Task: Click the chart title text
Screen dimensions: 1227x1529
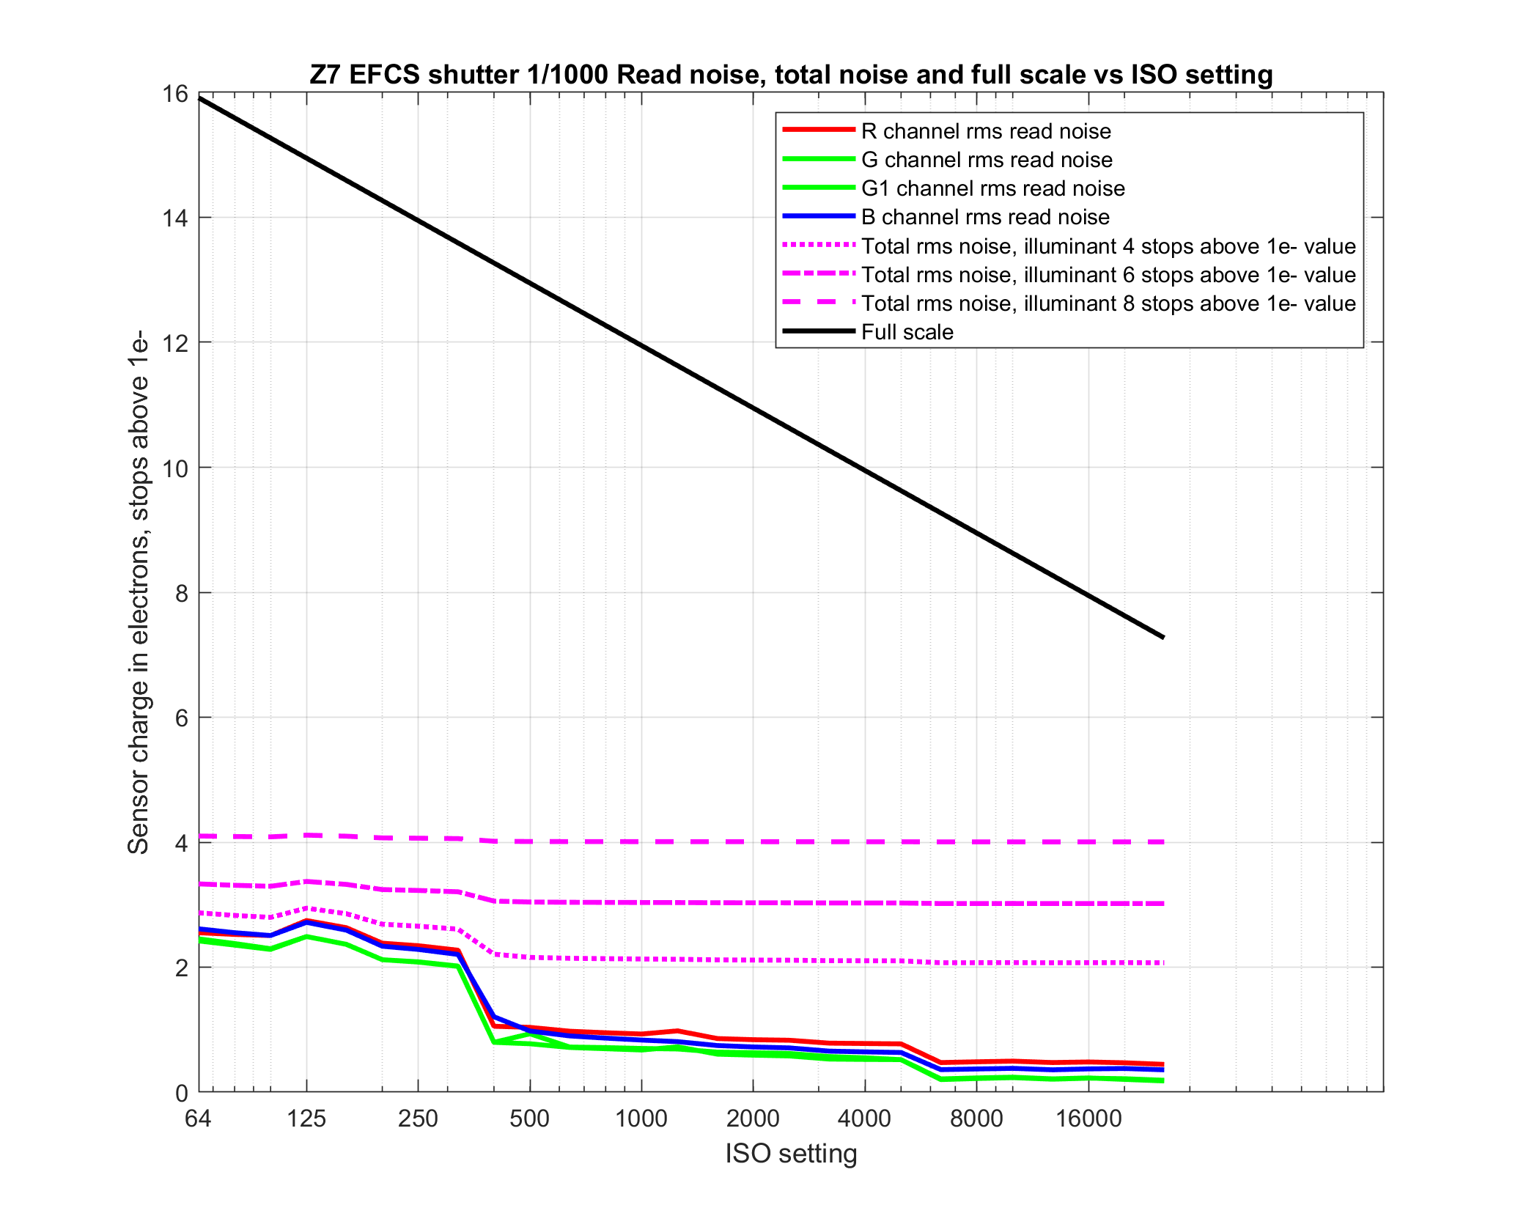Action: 791,75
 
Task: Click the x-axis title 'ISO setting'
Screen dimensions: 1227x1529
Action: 791,1153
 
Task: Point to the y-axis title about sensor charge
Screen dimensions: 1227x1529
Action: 139,592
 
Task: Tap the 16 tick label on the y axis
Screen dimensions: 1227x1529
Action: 175,94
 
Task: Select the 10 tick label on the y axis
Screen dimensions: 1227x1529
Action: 175,468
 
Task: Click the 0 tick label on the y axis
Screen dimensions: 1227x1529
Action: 182,1093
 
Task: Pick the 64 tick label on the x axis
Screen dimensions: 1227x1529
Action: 198,1119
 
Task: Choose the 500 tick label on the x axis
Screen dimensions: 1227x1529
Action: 529,1119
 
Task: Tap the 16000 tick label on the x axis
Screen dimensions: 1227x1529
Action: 1088,1119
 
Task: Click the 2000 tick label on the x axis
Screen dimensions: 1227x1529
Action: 753,1119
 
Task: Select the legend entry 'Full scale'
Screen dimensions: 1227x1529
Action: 907,332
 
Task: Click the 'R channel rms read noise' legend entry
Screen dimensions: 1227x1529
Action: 986,131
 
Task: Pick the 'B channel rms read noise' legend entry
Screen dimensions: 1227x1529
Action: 985,217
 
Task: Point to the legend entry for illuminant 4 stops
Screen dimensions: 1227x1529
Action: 1108,246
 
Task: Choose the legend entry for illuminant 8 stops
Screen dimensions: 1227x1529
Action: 1108,303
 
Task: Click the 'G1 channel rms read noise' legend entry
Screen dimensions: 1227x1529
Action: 992,188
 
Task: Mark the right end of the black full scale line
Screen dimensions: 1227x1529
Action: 1163,637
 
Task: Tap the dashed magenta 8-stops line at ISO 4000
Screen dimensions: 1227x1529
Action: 865,842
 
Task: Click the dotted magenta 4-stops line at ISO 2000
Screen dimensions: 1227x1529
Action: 753,960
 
